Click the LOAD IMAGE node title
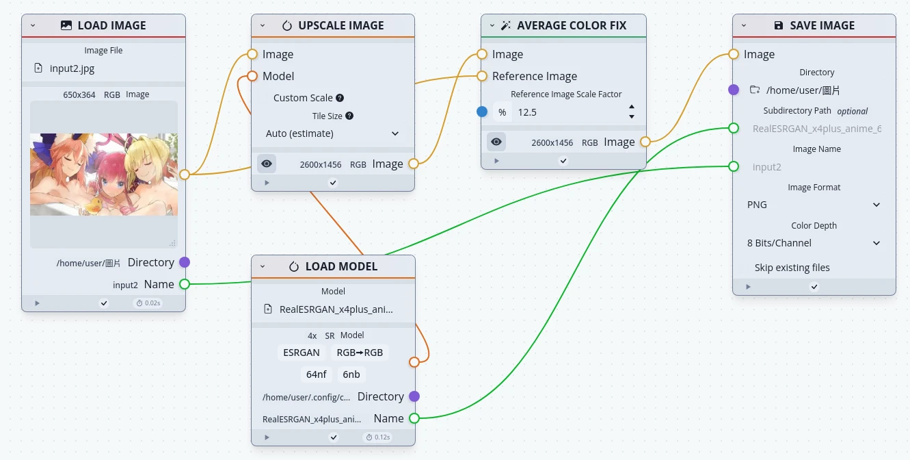111,25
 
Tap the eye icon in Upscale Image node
267,164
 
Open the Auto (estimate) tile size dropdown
332,133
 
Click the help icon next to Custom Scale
340,98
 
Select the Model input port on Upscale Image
252,76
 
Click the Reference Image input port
482,76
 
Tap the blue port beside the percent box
482,112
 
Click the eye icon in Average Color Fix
496,142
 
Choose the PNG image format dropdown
814,205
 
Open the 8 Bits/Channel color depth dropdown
814,243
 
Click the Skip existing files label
792,268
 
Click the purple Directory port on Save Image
734,90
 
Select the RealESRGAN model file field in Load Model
336,309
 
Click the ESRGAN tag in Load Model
302,353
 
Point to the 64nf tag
317,374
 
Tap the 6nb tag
351,374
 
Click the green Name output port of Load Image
184,284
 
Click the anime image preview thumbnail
104,174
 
